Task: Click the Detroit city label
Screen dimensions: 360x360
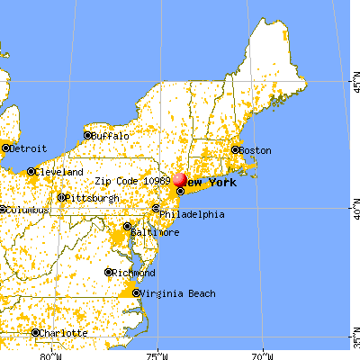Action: pos(27,147)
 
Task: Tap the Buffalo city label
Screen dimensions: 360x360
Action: pos(110,136)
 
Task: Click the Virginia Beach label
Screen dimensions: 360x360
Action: pos(176,293)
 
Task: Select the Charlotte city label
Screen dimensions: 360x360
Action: pos(64,333)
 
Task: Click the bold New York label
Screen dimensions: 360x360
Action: pos(212,184)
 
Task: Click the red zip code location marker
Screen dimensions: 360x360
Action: pos(180,180)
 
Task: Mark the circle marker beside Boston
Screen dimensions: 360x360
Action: pos(236,150)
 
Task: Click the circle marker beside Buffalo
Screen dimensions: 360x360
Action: pos(88,136)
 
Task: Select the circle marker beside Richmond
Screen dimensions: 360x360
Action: pos(109,273)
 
